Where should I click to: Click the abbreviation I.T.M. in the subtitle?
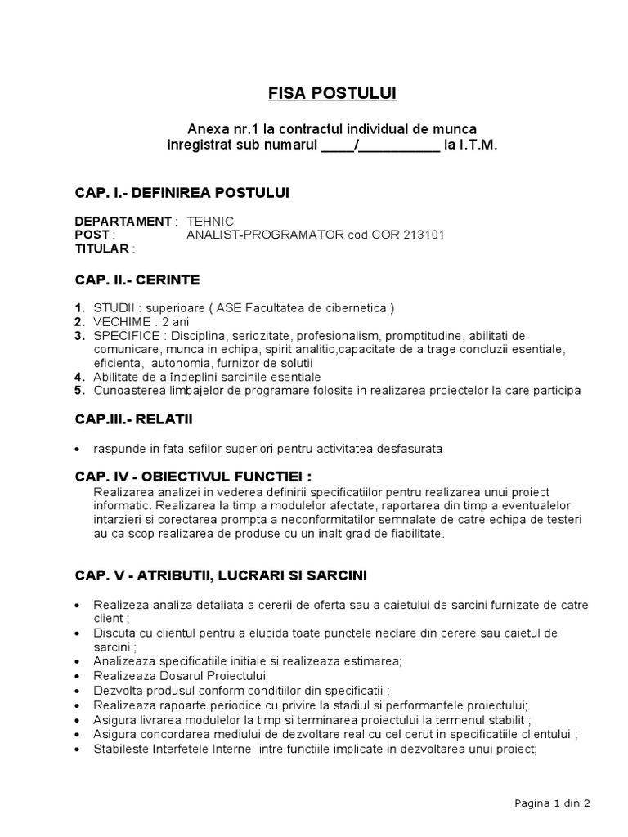tap(469, 145)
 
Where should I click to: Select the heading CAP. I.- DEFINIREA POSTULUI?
tap(182, 192)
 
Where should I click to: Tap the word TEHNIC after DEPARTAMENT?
tap(210, 222)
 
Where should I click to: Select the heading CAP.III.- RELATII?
tap(134, 420)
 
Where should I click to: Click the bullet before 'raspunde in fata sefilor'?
tap(77, 450)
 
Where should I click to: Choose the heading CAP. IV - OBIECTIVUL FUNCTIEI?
tap(193, 477)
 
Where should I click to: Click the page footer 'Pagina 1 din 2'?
tap(552, 803)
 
